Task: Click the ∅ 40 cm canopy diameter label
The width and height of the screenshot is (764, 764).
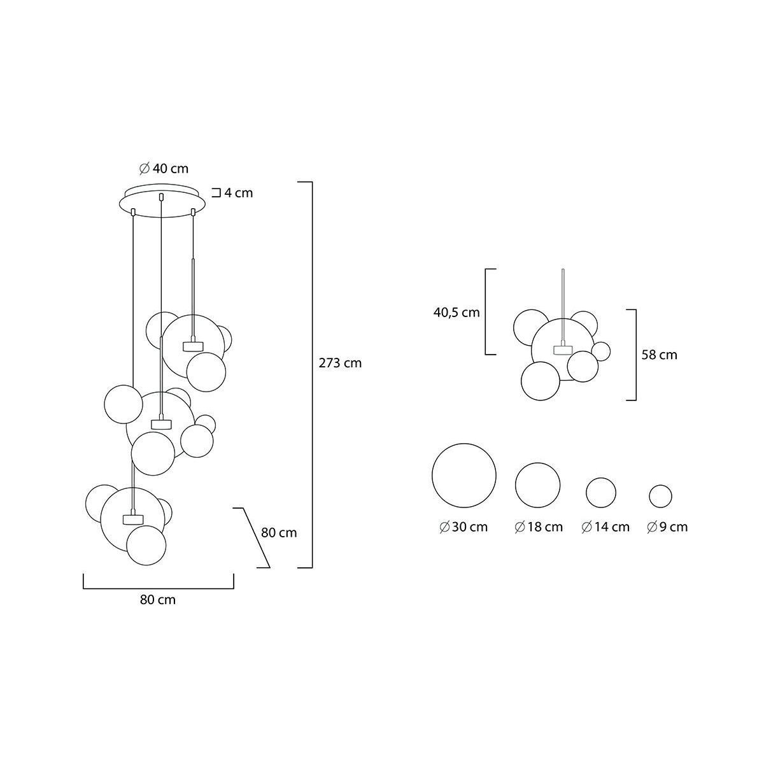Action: [164, 169]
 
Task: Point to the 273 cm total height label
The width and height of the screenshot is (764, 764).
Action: [340, 363]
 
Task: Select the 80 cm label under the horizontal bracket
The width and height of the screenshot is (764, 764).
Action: [158, 600]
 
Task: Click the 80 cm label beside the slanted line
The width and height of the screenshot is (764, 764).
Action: [279, 532]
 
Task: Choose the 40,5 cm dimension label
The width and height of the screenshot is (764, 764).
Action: [456, 313]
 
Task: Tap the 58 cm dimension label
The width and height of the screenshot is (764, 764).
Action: [660, 355]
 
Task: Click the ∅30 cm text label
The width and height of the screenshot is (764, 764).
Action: [463, 527]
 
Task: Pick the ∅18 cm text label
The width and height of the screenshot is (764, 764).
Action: [539, 527]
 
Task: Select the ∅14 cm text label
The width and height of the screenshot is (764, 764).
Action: [605, 527]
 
